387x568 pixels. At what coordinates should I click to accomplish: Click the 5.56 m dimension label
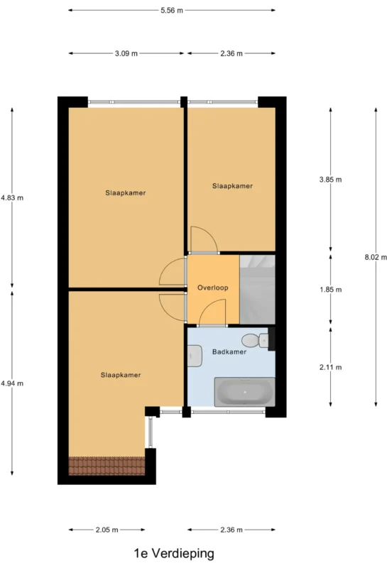(172, 11)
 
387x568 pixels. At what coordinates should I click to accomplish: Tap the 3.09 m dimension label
(126, 54)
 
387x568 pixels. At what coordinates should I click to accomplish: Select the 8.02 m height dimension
(376, 257)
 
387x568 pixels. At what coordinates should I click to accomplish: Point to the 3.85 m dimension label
(330, 180)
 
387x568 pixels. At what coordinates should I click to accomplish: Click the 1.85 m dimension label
(330, 290)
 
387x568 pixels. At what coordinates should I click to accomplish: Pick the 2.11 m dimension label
(330, 367)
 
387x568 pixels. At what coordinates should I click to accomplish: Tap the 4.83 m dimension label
(12, 198)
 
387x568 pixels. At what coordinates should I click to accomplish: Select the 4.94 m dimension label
(12, 383)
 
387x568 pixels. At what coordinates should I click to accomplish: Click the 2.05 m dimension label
(107, 530)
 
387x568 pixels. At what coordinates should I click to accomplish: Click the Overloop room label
(213, 288)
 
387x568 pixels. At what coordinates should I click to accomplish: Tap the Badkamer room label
(229, 351)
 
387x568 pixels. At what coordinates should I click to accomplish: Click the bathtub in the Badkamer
(244, 392)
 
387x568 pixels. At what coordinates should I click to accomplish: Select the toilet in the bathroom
(255, 341)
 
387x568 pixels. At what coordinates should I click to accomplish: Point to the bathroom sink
(195, 356)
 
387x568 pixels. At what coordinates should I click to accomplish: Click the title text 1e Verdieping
(174, 554)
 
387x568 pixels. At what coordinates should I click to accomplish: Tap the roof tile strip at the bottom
(107, 466)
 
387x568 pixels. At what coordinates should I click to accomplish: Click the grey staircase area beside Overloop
(258, 290)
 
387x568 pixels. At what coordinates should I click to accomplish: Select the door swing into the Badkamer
(213, 312)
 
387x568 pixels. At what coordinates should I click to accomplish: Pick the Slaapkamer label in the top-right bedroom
(232, 186)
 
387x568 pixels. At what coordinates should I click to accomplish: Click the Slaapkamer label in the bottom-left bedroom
(121, 375)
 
